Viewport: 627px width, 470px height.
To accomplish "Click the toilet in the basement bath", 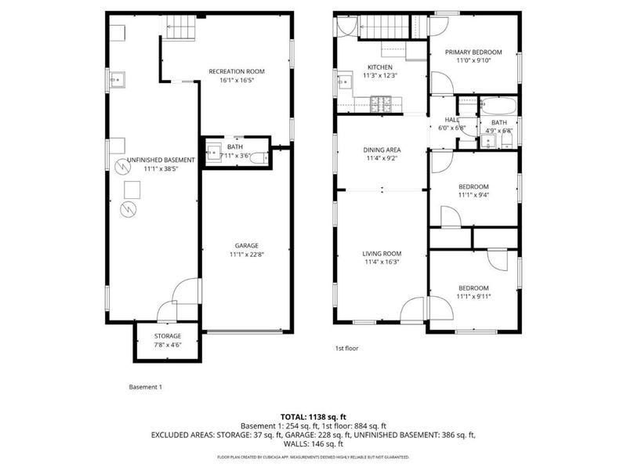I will click(x=268, y=157).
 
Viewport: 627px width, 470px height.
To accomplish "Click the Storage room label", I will click(x=166, y=335).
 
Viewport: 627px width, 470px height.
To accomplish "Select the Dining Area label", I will click(x=382, y=150).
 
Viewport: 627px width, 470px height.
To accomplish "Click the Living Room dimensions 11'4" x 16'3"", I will click(x=382, y=262).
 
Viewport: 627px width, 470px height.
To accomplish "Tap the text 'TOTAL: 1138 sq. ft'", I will click(x=313, y=416).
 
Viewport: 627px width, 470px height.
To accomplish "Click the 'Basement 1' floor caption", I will click(x=145, y=387).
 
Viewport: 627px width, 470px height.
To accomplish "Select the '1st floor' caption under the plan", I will click(x=346, y=348).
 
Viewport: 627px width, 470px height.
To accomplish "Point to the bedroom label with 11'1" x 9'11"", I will click(x=473, y=288).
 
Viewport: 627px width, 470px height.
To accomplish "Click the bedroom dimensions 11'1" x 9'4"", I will click(x=473, y=194).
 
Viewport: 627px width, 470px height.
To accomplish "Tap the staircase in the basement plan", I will click(x=178, y=28).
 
